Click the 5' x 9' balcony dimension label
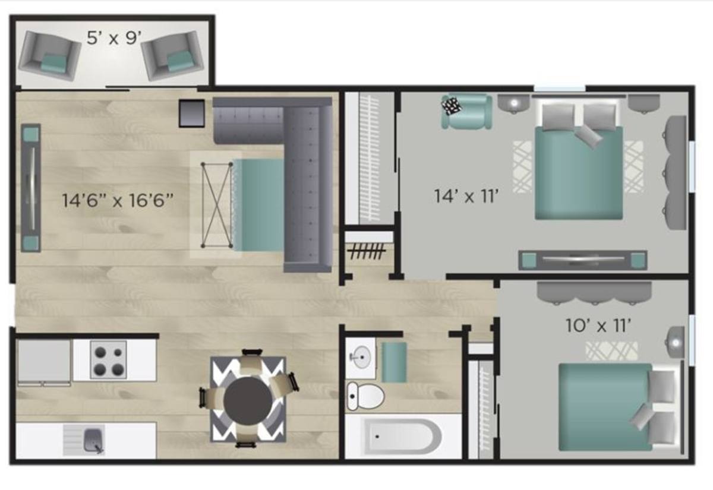click(x=114, y=38)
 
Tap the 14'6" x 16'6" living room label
click(x=118, y=201)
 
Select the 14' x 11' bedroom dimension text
click(x=466, y=195)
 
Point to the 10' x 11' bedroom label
click(x=598, y=325)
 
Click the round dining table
click(x=247, y=400)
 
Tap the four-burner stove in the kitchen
click(x=109, y=360)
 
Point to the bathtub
click(x=403, y=437)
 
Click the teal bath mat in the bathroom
click(x=394, y=362)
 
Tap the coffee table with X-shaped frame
click(x=217, y=205)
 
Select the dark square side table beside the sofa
click(x=191, y=113)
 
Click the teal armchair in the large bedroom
click(x=467, y=112)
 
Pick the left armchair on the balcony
click(x=49, y=56)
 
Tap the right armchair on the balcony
click(x=172, y=56)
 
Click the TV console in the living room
click(x=31, y=188)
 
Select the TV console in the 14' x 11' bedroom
click(x=582, y=260)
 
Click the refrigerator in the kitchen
click(x=43, y=362)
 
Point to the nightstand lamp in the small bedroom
click(x=675, y=343)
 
